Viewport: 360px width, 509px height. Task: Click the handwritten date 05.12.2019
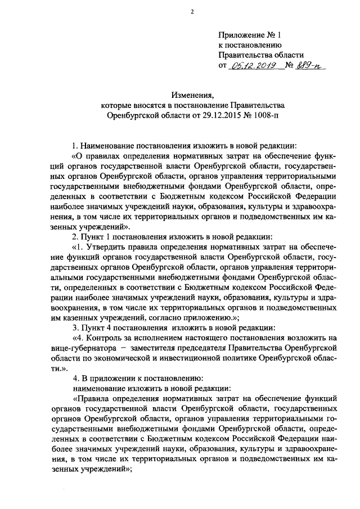[249, 66]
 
